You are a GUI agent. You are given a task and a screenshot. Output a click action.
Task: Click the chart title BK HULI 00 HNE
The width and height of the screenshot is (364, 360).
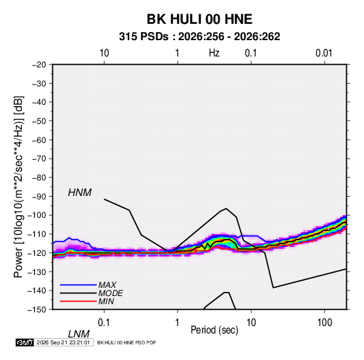click(199, 19)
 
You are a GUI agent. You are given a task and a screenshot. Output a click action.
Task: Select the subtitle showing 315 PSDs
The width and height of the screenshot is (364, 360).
click(199, 37)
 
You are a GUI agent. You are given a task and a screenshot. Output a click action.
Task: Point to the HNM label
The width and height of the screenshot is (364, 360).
click(80, 193)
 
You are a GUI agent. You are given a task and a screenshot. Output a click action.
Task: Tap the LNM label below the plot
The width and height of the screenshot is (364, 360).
click(78, 334)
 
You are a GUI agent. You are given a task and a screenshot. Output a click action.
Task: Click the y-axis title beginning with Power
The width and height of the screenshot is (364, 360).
click(18, 187)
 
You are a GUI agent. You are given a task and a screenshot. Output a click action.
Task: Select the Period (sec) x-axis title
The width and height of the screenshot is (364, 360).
click(214, 330)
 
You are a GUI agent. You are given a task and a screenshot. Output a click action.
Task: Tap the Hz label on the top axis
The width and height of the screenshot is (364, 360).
click(214, 53)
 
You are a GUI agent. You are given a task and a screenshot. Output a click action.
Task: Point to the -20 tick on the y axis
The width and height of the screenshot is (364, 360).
click(39, 65)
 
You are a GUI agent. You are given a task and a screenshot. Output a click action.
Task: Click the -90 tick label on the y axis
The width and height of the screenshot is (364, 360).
click(39, 196)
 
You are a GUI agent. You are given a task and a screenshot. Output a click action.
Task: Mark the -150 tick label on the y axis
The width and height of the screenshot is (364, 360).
click(37, 310)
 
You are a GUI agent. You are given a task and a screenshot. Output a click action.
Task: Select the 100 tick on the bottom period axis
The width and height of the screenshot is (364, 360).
click(325, 323)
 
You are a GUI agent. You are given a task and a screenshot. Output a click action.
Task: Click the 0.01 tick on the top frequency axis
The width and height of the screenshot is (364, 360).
click(324, 53)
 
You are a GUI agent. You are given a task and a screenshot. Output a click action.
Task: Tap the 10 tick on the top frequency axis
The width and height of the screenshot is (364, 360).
click(104, 53)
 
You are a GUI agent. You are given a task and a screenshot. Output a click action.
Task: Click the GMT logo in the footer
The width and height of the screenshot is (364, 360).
click(25, 342)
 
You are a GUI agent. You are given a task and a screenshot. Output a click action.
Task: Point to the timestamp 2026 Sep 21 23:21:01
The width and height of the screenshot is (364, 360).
click(63, 342)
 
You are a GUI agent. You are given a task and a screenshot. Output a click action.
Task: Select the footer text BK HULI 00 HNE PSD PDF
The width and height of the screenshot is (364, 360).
click(127, 342)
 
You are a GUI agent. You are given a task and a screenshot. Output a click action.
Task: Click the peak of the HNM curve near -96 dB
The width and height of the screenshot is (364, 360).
click(226, 208)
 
